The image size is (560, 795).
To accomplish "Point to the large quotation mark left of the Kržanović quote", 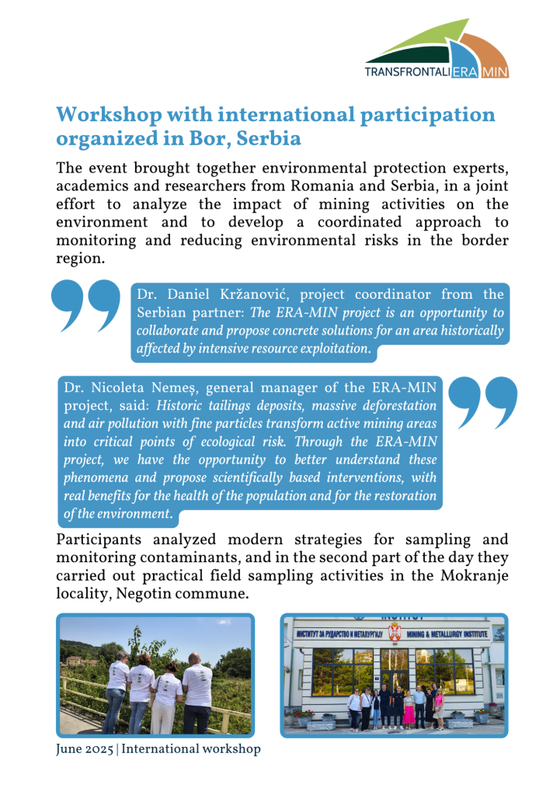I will pyautogui.click(x=85, y=307).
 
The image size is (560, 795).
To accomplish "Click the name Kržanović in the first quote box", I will pyautogui.click(x=255, y=295).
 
